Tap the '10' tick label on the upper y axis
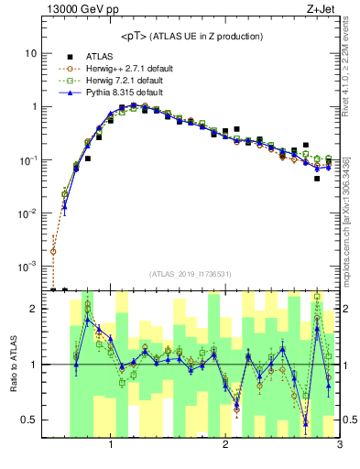coord(30,53)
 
